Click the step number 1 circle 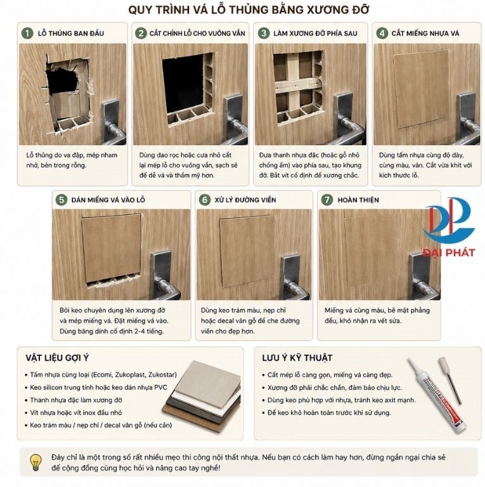point(27,33)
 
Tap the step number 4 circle point(382,33)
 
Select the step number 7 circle point(327,200)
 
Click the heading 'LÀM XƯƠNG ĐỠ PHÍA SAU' point(315,33)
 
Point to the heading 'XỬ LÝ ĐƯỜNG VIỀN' point(245,200)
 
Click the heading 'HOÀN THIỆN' point(358,200)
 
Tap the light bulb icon point(36,462)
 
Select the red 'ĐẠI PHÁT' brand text point(449,252)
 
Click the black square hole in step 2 point(183,84)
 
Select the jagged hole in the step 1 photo point(63,78)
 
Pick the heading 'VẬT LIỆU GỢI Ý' point(57,358)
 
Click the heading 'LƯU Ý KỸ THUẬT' point(297,358)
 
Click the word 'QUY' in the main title point(139,10)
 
